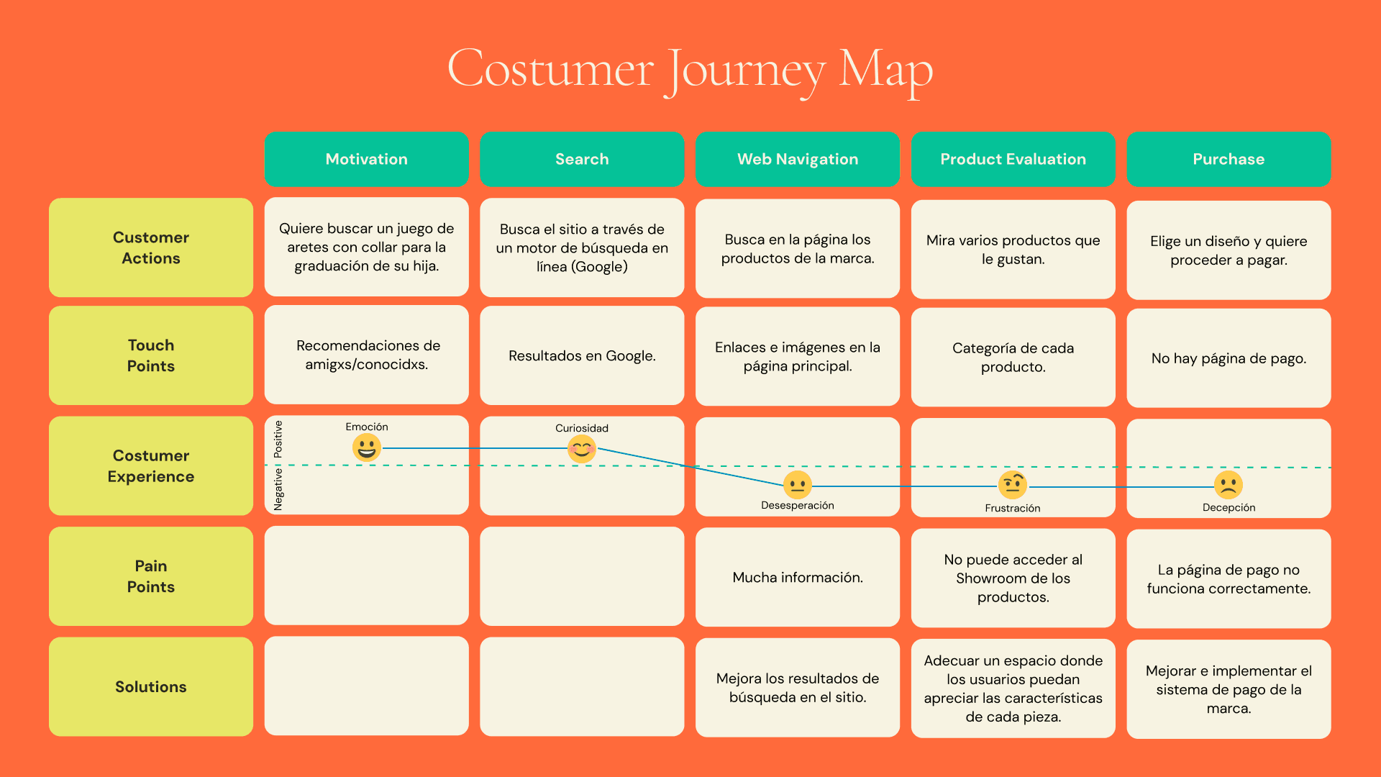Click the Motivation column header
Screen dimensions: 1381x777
tap(366, 159)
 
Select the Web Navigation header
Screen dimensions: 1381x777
tap(798, 159)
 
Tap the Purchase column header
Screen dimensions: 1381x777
tap(1229, 159)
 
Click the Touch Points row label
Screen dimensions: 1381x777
tap(151, 355)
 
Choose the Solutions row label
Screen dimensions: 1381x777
tap(151, 686)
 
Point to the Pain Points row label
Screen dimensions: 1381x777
tap(151, 576)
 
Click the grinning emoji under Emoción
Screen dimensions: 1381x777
tap(366, 447)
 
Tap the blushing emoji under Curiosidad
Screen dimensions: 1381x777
tap(582, 449)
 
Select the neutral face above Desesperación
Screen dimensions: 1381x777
tap(797, 485)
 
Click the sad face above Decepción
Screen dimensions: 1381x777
tap(1229, 486)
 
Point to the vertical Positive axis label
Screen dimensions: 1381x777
tap(278, 440)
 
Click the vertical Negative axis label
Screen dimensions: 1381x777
tap(278, 490)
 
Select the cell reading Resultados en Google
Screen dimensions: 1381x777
tap(582, 355)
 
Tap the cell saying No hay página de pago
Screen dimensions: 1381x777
tap(1229, 358)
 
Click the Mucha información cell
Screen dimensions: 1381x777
tap(798, 577)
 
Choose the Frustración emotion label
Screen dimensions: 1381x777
tap(1013, 508)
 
